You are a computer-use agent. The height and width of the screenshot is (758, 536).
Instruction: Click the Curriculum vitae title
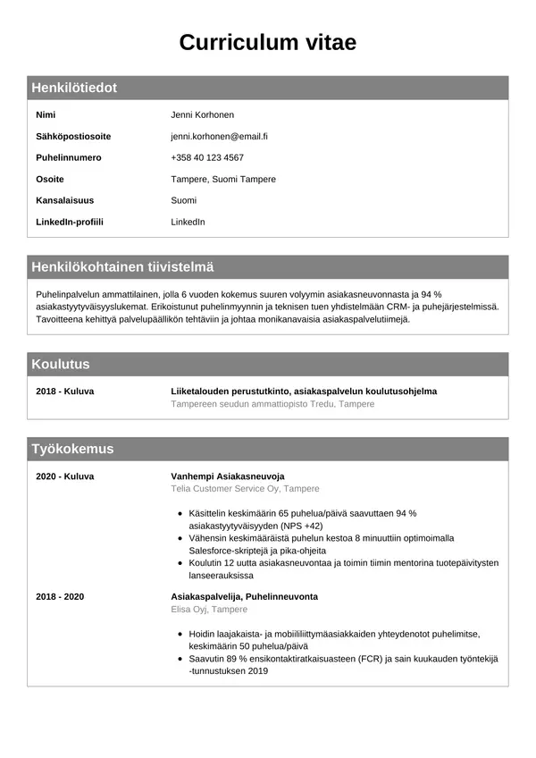(x=268, y=42)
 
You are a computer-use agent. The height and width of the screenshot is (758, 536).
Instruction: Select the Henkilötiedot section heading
(x=74, y=88)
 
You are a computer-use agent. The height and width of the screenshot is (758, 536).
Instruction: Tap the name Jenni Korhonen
(x=202, y=115)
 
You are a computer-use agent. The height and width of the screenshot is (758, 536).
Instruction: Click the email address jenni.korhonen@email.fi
(x=220, y=137)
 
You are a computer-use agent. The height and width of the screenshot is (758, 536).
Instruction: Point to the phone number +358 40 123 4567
(x=207, y=158)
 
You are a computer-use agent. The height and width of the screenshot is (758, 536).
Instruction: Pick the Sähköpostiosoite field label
(x=73, y=137)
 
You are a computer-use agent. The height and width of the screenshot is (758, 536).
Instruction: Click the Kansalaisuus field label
(x=64, y=200)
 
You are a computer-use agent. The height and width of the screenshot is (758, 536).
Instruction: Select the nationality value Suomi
(x=183, y=200)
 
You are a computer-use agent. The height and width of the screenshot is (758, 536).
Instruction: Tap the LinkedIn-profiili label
(x=70, y=222)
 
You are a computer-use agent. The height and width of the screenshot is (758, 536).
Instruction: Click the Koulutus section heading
(x=61, y=364)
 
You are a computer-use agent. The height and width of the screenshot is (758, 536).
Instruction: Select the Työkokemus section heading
(x=72, y=449)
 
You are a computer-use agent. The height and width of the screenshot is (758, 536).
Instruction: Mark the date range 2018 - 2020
(x=60, y=596)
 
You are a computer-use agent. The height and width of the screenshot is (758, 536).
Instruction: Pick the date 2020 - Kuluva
(x=64, y=476)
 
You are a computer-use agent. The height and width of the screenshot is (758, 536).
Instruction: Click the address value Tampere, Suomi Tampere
(x=223, y=180)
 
